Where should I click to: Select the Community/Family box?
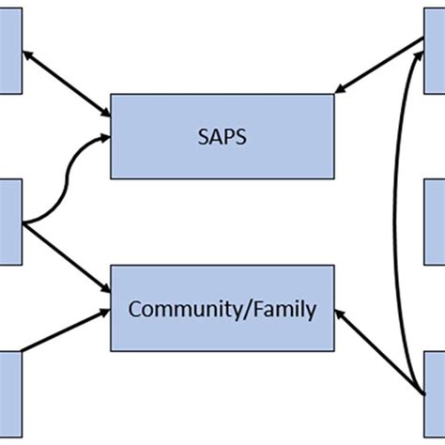pos(222,308)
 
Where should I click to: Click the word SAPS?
pos(222,136)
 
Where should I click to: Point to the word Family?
pos(282,308)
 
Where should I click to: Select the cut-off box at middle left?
pos(10,222)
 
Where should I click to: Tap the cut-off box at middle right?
pos(434,222)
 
